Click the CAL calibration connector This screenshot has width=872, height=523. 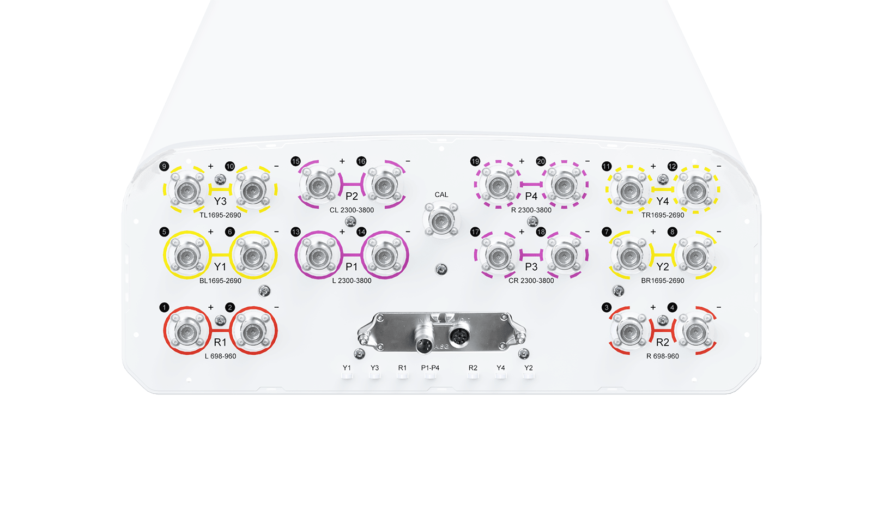click(441, 221)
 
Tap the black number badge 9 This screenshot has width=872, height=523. click(164, 167)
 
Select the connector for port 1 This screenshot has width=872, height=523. click(187, 331)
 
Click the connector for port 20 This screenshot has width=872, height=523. click(564, 185)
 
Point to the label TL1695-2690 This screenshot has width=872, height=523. click(220, 215)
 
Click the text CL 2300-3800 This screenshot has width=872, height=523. click(352, 210)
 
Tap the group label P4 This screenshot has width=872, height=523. click(531, 196)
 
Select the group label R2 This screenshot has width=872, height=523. click(663, 343)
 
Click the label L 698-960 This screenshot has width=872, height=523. click(220, 356)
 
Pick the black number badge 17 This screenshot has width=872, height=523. click(475, 232)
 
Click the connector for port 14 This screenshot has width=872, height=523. click(385, 256)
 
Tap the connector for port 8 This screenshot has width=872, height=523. click(695, 256)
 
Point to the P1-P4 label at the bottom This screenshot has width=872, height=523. click(430, 368)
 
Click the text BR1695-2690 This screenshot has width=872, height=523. click(663, 281)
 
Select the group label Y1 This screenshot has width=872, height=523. click(220, 266)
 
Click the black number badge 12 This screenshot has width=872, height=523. click(673, 167)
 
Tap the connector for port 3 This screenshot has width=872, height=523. click(629, 331)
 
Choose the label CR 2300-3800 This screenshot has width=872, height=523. click(531, 281)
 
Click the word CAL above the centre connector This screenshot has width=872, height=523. click(441, 194)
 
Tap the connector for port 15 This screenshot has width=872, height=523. click(319, 185)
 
